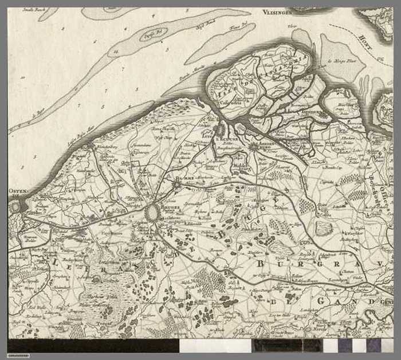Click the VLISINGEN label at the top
click(278, 11)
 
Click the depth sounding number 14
click(116, 51)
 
